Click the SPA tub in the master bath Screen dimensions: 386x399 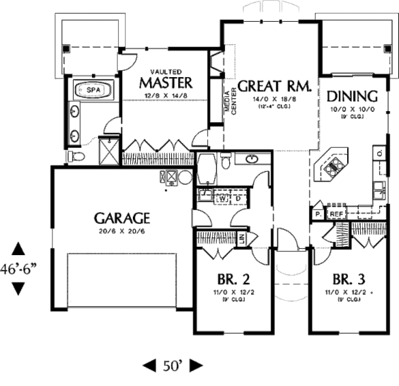click(x=94, y=90)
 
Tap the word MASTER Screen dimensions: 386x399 click(x=166, y=83)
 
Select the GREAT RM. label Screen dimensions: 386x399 click(x=274, y=86)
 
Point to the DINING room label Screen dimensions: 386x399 click(x=352, y=96)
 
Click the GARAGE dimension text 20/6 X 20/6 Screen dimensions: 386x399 click(x=122, y=231)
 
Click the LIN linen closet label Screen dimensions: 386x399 click(x=242, y=238)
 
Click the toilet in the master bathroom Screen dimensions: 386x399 click(x=76, y=157)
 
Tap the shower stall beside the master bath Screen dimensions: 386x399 click(x=108, y=151)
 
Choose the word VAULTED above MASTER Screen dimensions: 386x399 click(x=166, y=72)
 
